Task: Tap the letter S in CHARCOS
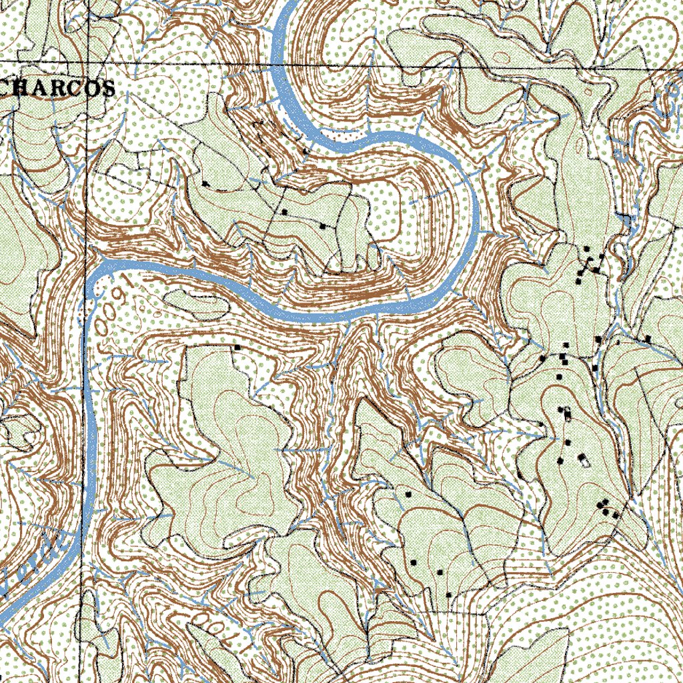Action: point(108,88)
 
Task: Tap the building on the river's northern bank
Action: point(306,151)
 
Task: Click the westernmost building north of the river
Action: point(205,183)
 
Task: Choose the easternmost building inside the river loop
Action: point(323,227)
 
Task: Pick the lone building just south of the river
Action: point(236,348)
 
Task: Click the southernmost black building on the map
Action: point(449,594)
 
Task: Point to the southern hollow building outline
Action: point(584,460)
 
